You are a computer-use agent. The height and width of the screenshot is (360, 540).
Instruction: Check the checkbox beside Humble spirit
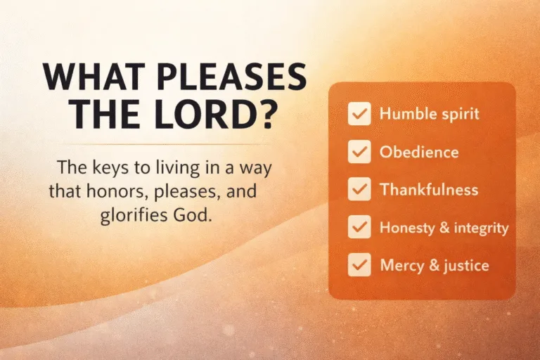359,114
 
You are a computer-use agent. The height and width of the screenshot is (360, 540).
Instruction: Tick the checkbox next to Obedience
359,152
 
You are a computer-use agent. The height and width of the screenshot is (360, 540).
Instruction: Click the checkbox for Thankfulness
359,190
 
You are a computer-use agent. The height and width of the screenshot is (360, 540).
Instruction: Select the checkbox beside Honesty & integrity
359,228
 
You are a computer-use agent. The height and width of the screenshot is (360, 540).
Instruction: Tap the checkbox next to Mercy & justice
359,266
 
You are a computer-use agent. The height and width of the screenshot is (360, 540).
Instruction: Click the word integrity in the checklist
483,228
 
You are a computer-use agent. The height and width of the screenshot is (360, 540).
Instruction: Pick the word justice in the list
463,266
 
